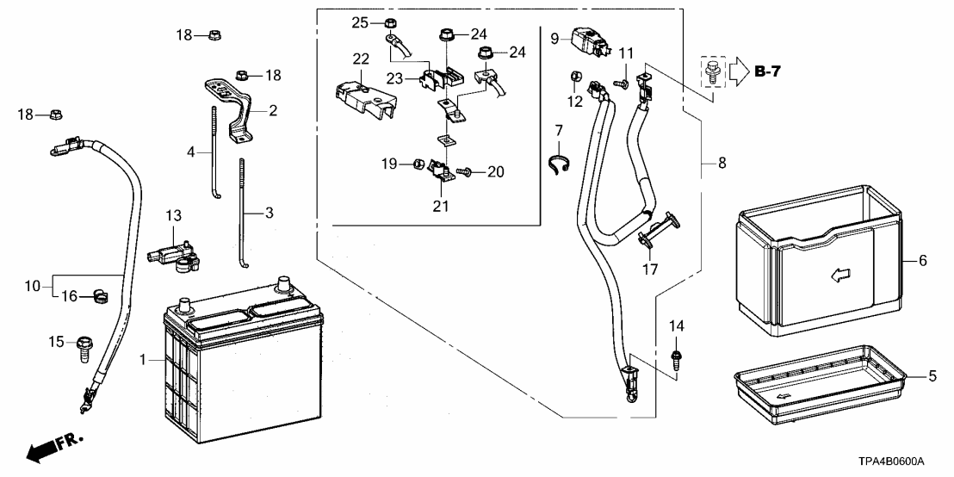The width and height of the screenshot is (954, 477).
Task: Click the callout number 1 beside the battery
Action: [x=142, y=361]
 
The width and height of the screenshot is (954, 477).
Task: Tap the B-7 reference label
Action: [x=767, y=71]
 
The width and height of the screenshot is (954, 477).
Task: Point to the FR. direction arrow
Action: [x=54, y=447]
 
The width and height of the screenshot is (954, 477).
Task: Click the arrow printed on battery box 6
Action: [x=841, y=276]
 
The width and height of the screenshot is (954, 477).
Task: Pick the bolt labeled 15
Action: [x=84, y=350]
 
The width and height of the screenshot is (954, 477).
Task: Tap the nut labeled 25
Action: [x=390, y=24]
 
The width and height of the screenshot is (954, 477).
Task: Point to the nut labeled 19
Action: [x=418, y=164]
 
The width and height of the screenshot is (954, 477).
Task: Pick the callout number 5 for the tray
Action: [x=932, y=376]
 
